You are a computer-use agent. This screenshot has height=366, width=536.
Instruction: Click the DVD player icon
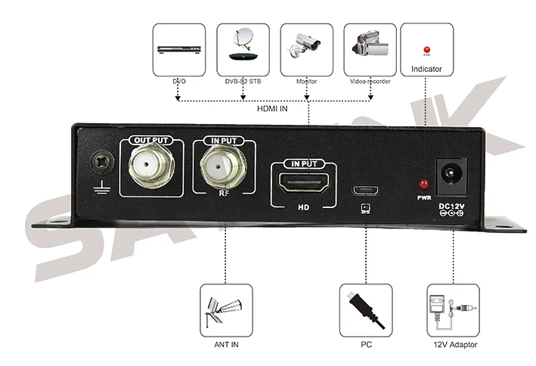coord(178,48)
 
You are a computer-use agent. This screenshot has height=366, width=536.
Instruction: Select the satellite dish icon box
coord(243,48)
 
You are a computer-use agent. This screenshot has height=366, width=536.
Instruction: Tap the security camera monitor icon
coord(306,48)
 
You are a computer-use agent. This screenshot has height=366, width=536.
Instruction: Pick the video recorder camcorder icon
coord(370,48)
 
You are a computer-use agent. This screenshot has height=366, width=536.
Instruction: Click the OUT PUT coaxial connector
coord(152,167)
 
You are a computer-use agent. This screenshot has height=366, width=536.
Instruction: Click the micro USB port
coord(365,185)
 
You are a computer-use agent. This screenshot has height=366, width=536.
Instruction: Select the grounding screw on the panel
coord(100,161)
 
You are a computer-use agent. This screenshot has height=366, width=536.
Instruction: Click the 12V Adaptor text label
coord(453,346)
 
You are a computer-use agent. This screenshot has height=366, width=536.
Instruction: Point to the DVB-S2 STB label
coord(243,81)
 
